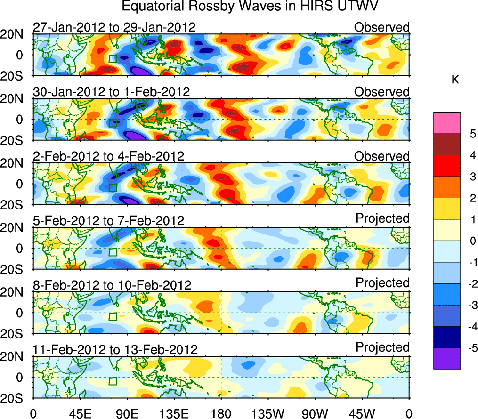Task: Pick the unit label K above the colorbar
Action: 455,80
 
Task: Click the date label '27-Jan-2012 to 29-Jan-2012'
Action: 114,27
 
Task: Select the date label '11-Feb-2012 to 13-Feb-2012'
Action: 115,350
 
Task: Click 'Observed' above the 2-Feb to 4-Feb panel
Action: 382,156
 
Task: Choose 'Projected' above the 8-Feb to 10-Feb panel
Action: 382,283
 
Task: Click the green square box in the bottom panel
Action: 113,380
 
